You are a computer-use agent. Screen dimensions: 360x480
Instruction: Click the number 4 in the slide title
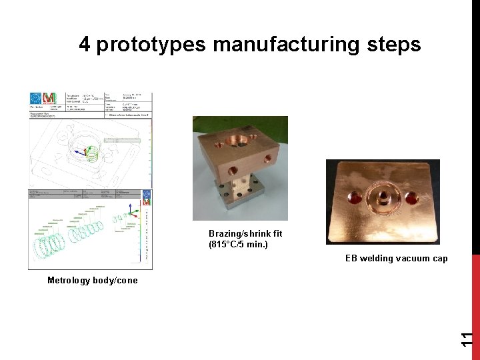[85, 45]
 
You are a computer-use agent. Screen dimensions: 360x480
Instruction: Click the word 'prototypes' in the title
[151, 45]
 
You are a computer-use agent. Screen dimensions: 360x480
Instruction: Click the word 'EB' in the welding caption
[351, 259]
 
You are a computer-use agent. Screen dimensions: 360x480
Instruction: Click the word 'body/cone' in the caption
[117, 280]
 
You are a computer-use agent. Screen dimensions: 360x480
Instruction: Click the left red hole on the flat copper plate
[354, 197]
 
